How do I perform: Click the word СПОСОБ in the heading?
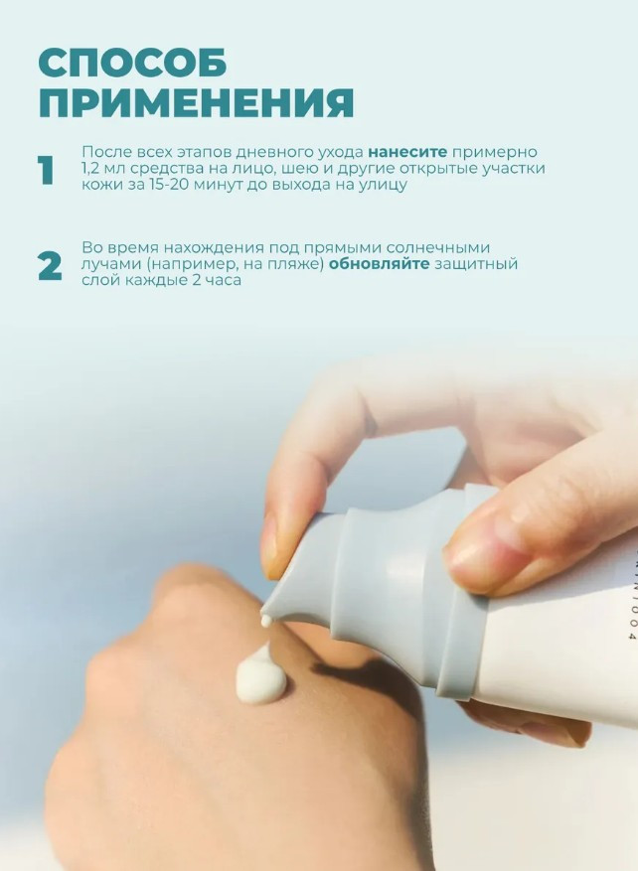[132, 63]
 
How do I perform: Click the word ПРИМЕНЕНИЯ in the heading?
[196, 102]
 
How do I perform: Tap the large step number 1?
[46, 170]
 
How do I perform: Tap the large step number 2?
[50, 266]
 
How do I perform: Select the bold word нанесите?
[407, 152]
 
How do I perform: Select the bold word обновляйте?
[379, 263]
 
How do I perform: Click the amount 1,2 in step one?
[91, 168]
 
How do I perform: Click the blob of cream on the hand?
[261, 676]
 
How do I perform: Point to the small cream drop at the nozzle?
[266, 621]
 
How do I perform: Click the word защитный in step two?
[476, 264]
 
